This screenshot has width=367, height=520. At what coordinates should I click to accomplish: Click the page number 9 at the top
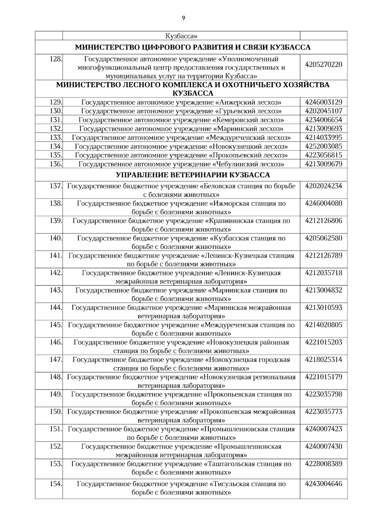[x=183, y=18]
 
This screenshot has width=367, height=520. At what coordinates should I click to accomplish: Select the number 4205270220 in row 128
[x=324, y=65]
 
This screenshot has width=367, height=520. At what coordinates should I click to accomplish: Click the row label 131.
[x=56, y=120]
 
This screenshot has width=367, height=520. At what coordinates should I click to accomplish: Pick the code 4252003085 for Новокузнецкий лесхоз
[x=324, y=146]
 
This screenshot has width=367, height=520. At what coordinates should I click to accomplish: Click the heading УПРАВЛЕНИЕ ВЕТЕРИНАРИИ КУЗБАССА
[x=193, y=175]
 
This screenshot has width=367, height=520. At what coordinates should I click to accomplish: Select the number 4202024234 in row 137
[x=324, y=186]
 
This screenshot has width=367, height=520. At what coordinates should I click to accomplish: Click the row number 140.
[x=56, y=238]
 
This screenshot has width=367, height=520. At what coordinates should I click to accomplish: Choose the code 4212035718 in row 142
[x=324, y=273]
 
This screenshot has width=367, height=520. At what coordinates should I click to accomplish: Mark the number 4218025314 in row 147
[x=324, y=359]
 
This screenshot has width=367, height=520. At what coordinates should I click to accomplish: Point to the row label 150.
[x=56, y=412]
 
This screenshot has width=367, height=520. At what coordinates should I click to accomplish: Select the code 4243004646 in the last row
[x=324, y=484]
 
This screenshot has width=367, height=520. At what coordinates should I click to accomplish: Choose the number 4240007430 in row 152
[x=324, y=446]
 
